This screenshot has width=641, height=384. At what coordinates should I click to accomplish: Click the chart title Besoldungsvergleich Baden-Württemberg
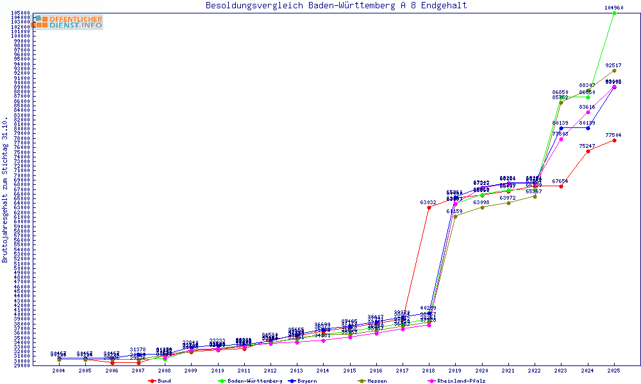(336, 6)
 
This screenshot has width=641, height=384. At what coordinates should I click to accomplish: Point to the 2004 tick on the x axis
(59, 371)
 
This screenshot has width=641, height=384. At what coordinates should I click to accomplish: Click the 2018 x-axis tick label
(429, 371)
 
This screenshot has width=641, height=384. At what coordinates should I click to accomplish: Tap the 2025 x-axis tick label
(614, 371)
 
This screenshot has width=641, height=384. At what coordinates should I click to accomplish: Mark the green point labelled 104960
(614, 13)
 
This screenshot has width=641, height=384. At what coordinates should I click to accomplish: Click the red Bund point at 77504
(614, 140)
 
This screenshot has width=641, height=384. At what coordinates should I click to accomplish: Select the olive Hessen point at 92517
(614, 70)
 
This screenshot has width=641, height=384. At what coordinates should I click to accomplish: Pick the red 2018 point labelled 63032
(429, 207)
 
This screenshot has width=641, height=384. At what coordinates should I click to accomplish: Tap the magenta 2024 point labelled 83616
(588, 112)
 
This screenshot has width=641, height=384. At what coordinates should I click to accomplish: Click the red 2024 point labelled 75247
(588, 151)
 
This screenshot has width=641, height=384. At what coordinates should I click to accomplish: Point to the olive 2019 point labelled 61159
(455, 216)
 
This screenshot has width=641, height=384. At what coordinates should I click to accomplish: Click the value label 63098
(481, 202)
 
